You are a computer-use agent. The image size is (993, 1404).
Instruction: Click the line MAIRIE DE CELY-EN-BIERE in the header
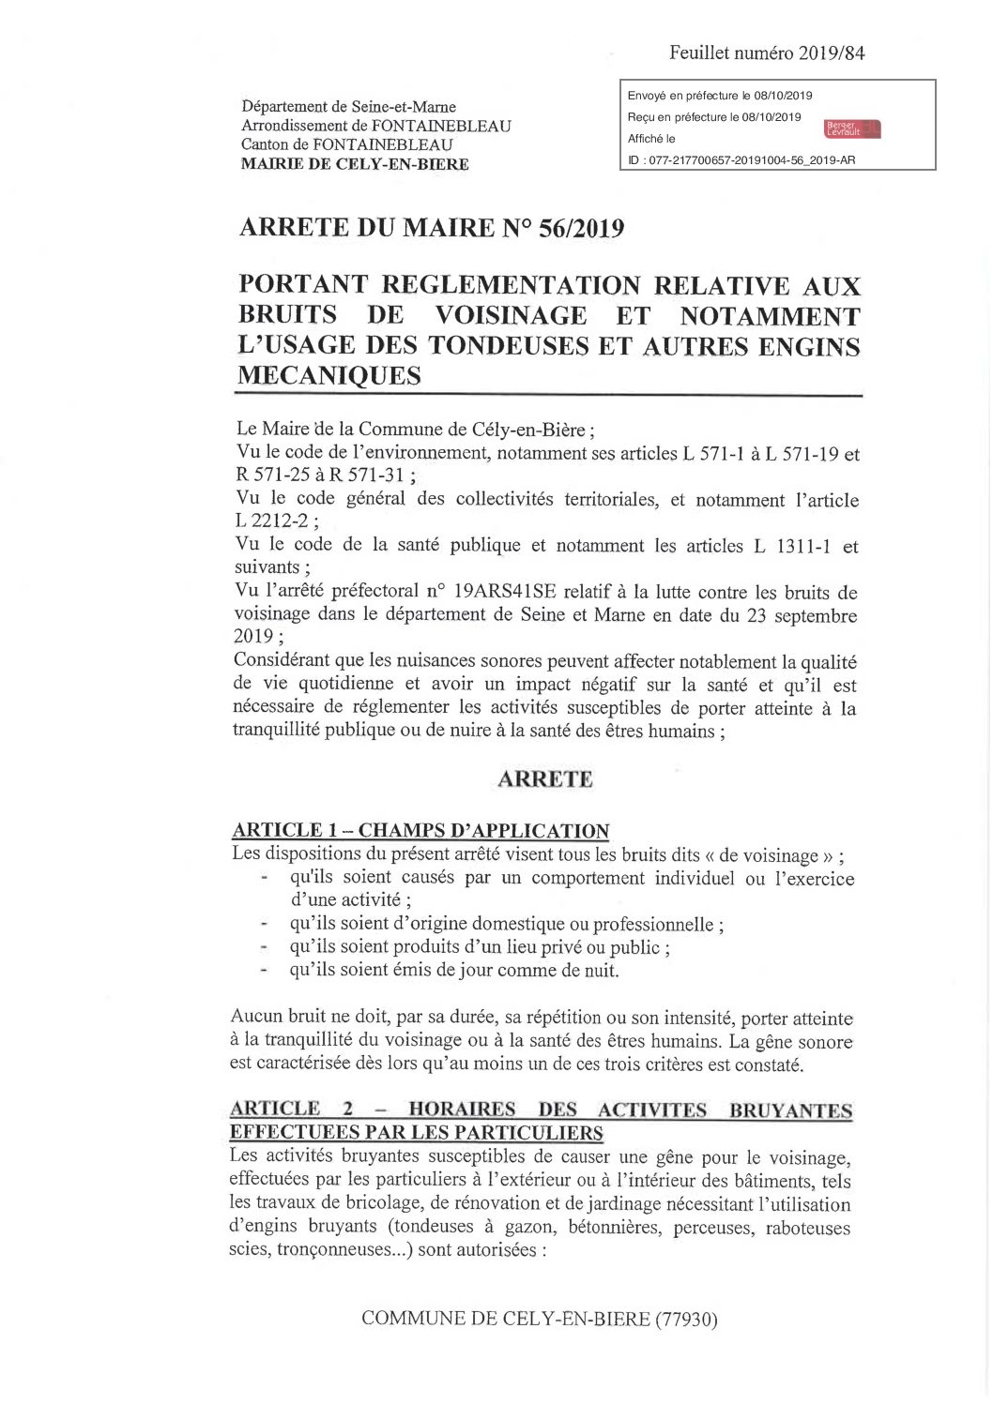[355, 163]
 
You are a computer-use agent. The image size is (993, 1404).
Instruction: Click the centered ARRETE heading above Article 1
[544, 778]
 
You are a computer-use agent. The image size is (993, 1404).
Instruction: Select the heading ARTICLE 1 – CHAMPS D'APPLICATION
[420, 831]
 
